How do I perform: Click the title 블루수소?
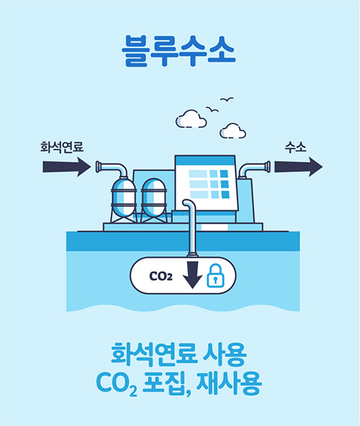pyautogui.click(x=179, y=51)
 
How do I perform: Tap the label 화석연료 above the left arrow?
pyautogui.click(x=62, y=147)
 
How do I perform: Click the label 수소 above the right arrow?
pyautogui.click(x=295, y=147)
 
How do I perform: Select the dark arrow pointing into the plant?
pyautogui.click(x=67, y=166)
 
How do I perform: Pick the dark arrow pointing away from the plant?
pyautogui.click(x=299, y=166)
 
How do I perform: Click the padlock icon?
pyautogui.click(x=215, y=276)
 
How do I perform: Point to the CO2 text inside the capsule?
pyautogui.click(x=161, y=276)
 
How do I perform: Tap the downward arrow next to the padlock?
pyautogui.click(x=192, y=275)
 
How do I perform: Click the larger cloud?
pyautogui.click(x=191, y=119)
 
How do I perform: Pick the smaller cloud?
pyautogui.click(x=233, y=131)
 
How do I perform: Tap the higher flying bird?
pyautogui.click(x=227, y=100)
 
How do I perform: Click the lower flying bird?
pyautogui.click(x=212, y=109)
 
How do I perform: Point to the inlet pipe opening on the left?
pyautogui.click(x=98, y=167)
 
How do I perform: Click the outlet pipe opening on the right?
pyautogui.click(x=268, y=167)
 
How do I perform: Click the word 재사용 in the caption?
pyautogui.click(x=229, y=383)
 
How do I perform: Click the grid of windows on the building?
pyautogui.click(x=209, y=184)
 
